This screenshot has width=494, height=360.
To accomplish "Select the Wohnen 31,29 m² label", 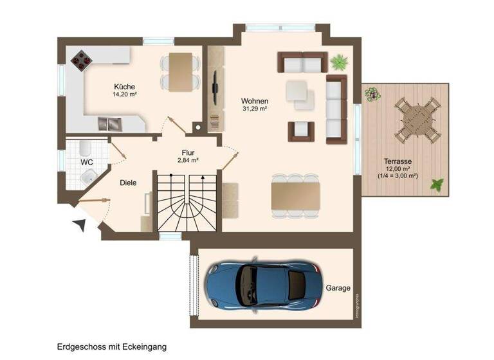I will point(255,105).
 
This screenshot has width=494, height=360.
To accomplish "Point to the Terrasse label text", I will point(398,162).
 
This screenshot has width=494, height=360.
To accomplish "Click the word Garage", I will point(338,289).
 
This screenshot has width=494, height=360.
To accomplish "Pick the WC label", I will point(86,162).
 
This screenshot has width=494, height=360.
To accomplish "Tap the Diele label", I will point(128,183).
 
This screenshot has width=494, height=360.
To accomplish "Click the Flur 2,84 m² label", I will point(188,156).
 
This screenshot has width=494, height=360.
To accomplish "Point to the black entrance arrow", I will point(79,225).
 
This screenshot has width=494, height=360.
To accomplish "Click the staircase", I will point(187,203).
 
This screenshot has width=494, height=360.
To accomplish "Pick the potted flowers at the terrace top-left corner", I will point(372,94).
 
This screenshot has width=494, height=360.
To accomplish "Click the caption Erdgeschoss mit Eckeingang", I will point(111,346).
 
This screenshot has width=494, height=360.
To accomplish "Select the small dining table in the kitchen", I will point(178,69).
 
